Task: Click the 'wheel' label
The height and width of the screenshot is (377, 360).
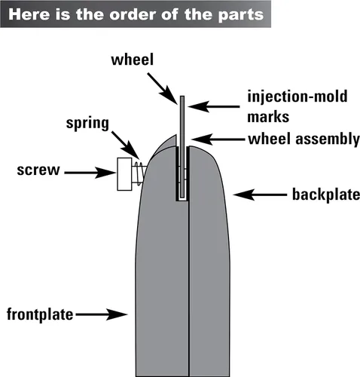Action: [132, 60]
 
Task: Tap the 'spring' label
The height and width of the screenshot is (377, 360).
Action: [87, 124]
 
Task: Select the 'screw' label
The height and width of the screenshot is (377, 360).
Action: [38, 170]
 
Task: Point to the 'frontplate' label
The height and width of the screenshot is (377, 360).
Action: [40, 314]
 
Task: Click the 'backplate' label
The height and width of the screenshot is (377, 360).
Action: [326, 195]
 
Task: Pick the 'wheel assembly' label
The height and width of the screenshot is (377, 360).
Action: [304, 139]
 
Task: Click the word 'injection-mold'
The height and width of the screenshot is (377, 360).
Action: [297, 97]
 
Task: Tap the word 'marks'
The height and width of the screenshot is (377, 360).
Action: [268, 117]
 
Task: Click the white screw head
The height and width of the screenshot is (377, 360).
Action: [124, 174]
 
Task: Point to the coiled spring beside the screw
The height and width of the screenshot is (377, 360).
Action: [139, 173]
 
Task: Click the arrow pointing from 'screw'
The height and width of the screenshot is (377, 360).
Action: [90, 173]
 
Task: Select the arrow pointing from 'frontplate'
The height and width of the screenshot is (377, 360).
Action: [102, 314]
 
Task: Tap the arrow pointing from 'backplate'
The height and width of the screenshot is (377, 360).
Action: [260, 195]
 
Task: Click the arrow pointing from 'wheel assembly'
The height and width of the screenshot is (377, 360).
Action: [218, 139]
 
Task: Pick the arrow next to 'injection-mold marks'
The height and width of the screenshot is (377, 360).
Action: [214, 106]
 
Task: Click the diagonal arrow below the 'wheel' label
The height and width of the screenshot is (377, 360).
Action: [163, 88]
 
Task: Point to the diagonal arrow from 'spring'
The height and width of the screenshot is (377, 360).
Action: [125, 145]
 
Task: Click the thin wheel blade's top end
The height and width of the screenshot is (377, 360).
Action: [182, 97]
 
